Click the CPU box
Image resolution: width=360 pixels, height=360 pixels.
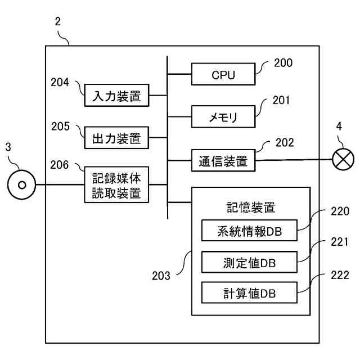pyautogui.click(x=223, y=75)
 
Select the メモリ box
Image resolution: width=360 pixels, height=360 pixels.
pyautogui.click(x=223, y=118)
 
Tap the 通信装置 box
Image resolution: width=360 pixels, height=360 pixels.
pyautogui.click(x=223, y=161)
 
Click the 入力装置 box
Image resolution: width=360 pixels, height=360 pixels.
pyautogui.click(x=116, y=96)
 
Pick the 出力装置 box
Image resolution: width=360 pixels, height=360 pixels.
pyautogui.click(x=116, y=138)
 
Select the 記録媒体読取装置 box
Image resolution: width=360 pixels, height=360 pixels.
pyautogui.click(x=116, y=187)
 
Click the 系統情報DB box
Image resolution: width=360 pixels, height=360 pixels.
pyautogui.click(x=249, y=231)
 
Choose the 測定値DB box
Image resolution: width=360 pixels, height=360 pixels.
pyautogui.click(x=249, y=262)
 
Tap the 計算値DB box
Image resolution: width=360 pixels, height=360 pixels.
pyautogui.click(x=249, y=293)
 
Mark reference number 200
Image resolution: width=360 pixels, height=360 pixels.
pyautogui.click(x=283, y=63)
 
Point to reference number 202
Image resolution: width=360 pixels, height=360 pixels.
pyautogui.click(x=285, y=143)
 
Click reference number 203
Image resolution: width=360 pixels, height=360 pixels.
pyautogui.click(x=162, y=276)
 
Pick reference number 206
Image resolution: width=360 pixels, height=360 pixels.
pyautogui.click(x=60, y=165)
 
